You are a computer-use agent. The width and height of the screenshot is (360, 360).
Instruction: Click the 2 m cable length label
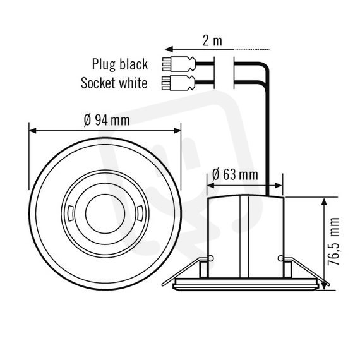point(212,41)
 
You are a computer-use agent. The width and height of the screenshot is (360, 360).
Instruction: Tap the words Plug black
point(120,64)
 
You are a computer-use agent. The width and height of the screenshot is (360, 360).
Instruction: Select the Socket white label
point(114,83)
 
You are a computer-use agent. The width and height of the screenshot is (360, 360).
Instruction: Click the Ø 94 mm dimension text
point(107,120)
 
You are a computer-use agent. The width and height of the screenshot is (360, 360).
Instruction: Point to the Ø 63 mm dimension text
point(235,174)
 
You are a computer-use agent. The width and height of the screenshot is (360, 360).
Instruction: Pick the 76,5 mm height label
point(333,241)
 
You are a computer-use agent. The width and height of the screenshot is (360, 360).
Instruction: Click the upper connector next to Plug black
point(179,64)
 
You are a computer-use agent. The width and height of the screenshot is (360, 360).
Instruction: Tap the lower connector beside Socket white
point(179,83)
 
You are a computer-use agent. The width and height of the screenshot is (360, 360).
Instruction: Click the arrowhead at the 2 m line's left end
point(169,49)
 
